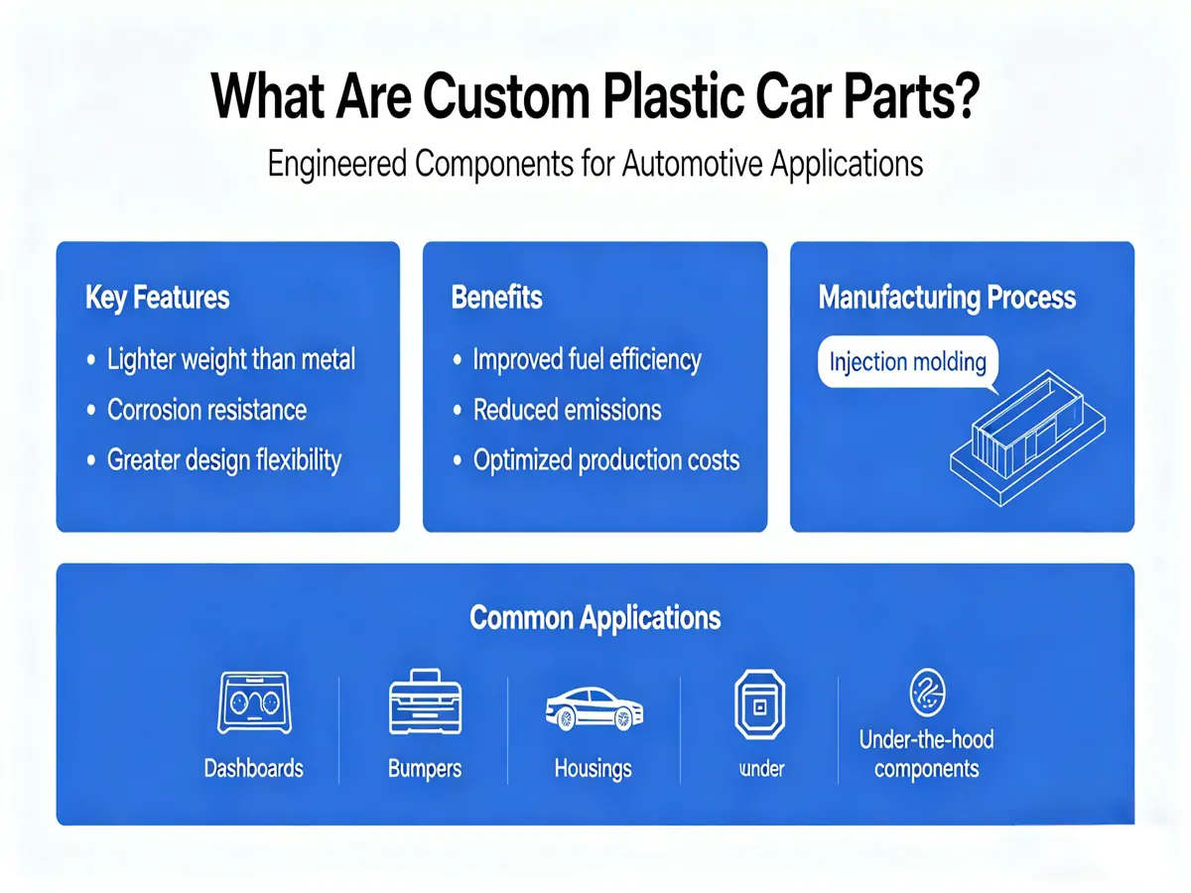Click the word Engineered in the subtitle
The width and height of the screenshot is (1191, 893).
click(336, 164)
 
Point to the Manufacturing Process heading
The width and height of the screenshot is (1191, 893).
click(946, 298)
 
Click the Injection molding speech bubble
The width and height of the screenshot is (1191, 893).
click(907, 362)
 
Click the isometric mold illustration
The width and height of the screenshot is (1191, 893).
click(1027, 439)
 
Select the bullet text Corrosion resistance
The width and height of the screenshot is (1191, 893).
click(206, 410)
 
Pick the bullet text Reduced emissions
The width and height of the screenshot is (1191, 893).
click(567, 410)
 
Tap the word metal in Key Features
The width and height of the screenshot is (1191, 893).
click(328, 359)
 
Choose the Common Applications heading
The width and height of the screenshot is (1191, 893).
click(595, 618)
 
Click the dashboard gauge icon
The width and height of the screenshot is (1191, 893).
click(254, 702)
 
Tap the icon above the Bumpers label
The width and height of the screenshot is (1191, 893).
click(425, 702)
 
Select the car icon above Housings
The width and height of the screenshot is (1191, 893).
click(595, 708)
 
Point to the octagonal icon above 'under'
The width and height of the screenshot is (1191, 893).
click(759, 703)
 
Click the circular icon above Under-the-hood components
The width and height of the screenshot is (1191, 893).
click(927, 693)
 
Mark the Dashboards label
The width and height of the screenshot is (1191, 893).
click(253, 768)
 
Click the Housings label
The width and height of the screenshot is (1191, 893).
click(594, 769)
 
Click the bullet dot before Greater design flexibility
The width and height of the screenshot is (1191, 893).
click(91, 460)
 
